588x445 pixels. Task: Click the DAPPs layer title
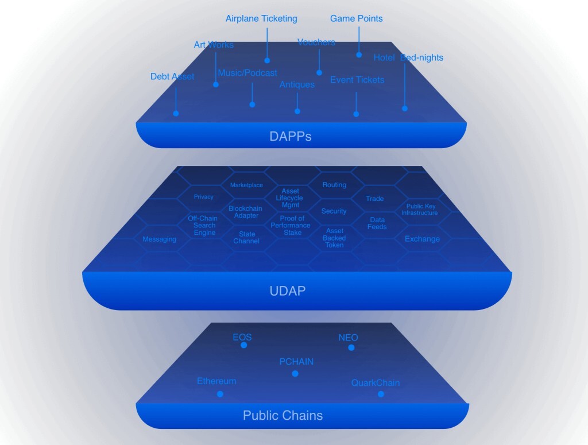click(x=291, y=137)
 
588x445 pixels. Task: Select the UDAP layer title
click(x=287, y=291)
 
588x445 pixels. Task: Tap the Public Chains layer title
click(x=283, y=415)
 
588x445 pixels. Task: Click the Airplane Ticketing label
click(x=261, y=18)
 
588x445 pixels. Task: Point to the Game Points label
click(x=356, y=18)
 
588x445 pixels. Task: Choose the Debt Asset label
click(x=172, y=76)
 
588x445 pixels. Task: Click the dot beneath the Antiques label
click(x=297, y=111)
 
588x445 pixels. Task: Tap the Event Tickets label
click(x=357, y=80)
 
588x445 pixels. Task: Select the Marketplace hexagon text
click(x=246, y=185)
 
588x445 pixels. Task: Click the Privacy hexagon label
click(x=203, y=197)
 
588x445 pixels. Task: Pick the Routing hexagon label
click(x=334, y=185)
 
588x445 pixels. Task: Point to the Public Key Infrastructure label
click(x=419, y=210)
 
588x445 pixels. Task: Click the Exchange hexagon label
click(x=422, y=239)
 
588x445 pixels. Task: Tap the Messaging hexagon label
click(x=160, y=239)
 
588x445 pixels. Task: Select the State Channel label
click(x=246, y=238)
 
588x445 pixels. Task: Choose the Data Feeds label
click(x=377, y=223)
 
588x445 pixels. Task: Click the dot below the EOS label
click(x=244, y=345)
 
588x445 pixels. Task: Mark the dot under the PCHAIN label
click(x=295, y=373)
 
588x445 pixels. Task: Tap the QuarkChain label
click(x=376, y=383)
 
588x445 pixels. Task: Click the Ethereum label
click(x=216, y=381)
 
